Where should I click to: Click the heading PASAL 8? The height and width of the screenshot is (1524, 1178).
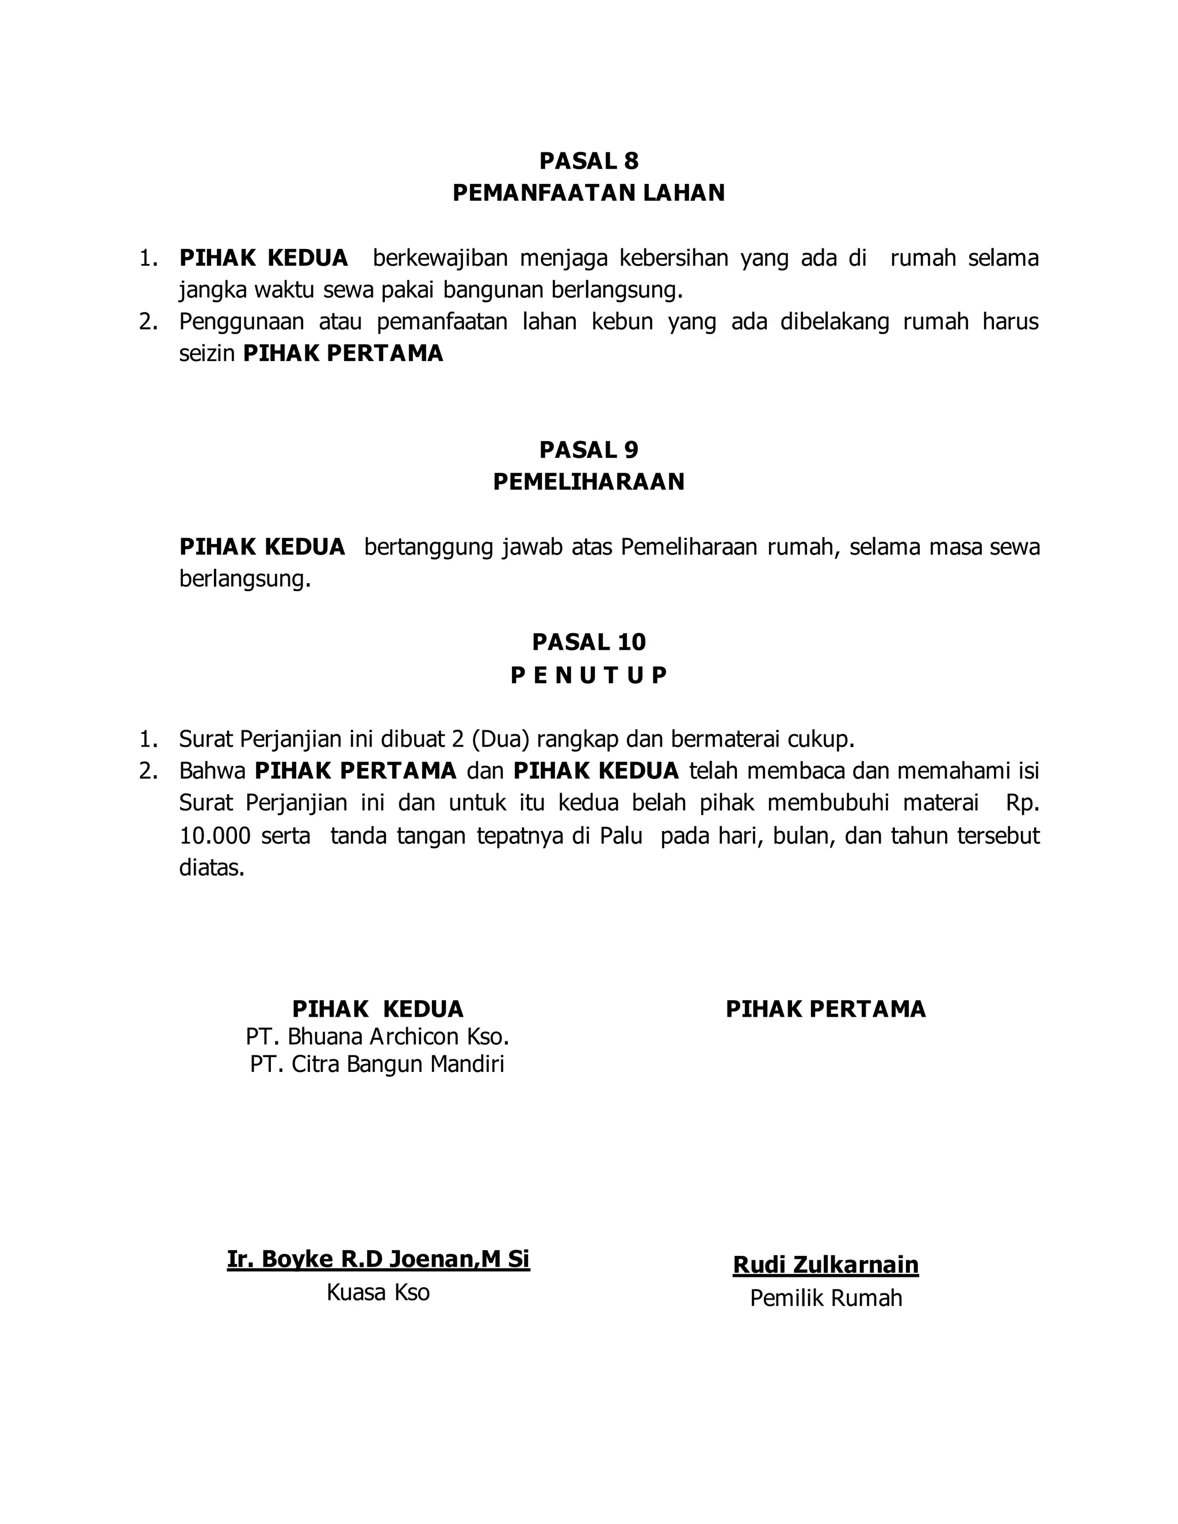pyautogui.click(x=588, y=161)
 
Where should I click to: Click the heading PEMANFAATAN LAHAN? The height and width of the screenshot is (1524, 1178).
pyautogui.click(x=588, y=193)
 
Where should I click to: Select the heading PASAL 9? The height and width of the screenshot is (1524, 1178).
pyautogui.click(x=588, y=450)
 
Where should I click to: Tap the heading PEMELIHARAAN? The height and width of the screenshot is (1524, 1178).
pyautogui.click(x=588, y=482)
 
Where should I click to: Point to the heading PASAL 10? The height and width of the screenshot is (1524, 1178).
pyautogui.click(x=588, y=642)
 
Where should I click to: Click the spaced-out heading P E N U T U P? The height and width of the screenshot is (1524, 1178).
pyautogui.click(x=588, y=676)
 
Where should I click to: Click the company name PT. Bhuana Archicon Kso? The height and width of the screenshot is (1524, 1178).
pyautogui.click(x=377, y=1036)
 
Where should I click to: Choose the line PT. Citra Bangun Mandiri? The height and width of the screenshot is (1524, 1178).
pyautogui.click(x=377, y=1064)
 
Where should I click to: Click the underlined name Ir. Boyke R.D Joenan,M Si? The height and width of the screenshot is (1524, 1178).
pyautogui.click(x=378, y=1259)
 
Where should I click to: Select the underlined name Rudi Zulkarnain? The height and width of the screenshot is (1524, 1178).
pyautogui.click(x=825, y=1265)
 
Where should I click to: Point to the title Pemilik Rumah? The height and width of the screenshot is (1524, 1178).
pyautogui.click(x=825, y=1298)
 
